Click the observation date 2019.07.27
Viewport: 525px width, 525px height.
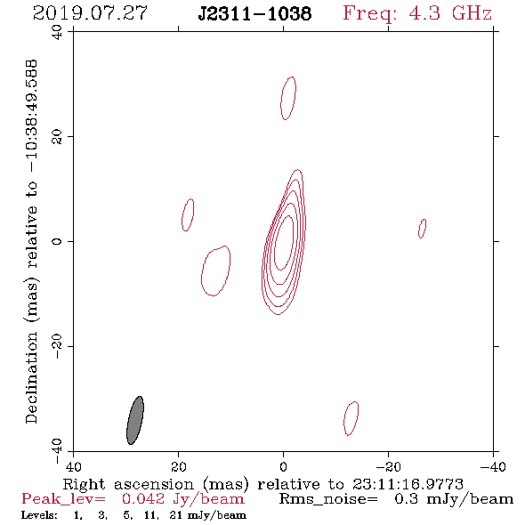tap(90, 13)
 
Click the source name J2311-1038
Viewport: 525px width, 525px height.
tap(254, 14)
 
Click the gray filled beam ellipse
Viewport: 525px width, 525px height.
tap(135, 420)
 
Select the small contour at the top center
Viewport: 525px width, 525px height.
tap(288, 98)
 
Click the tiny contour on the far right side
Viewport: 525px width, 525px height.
tap(423, 229)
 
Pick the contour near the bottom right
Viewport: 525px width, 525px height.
tap(351, 418)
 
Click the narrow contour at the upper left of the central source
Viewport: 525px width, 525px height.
tap(188, 215)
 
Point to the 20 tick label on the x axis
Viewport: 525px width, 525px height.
tap(178, 467)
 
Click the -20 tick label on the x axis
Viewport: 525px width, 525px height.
tap(388, 467)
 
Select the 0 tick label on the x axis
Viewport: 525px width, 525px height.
tap(283, 467)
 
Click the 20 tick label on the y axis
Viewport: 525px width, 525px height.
tap(57, 137)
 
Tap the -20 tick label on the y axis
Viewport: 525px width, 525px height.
tap(57, 346)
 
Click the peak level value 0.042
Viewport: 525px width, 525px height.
tap(143, 499)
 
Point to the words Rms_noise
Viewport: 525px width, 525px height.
tap(328, 499)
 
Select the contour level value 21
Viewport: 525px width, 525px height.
tap(176, 514)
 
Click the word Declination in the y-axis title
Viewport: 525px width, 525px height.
tap(31, 377)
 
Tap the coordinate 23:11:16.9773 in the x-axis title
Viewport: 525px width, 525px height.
tap(408, 484)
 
